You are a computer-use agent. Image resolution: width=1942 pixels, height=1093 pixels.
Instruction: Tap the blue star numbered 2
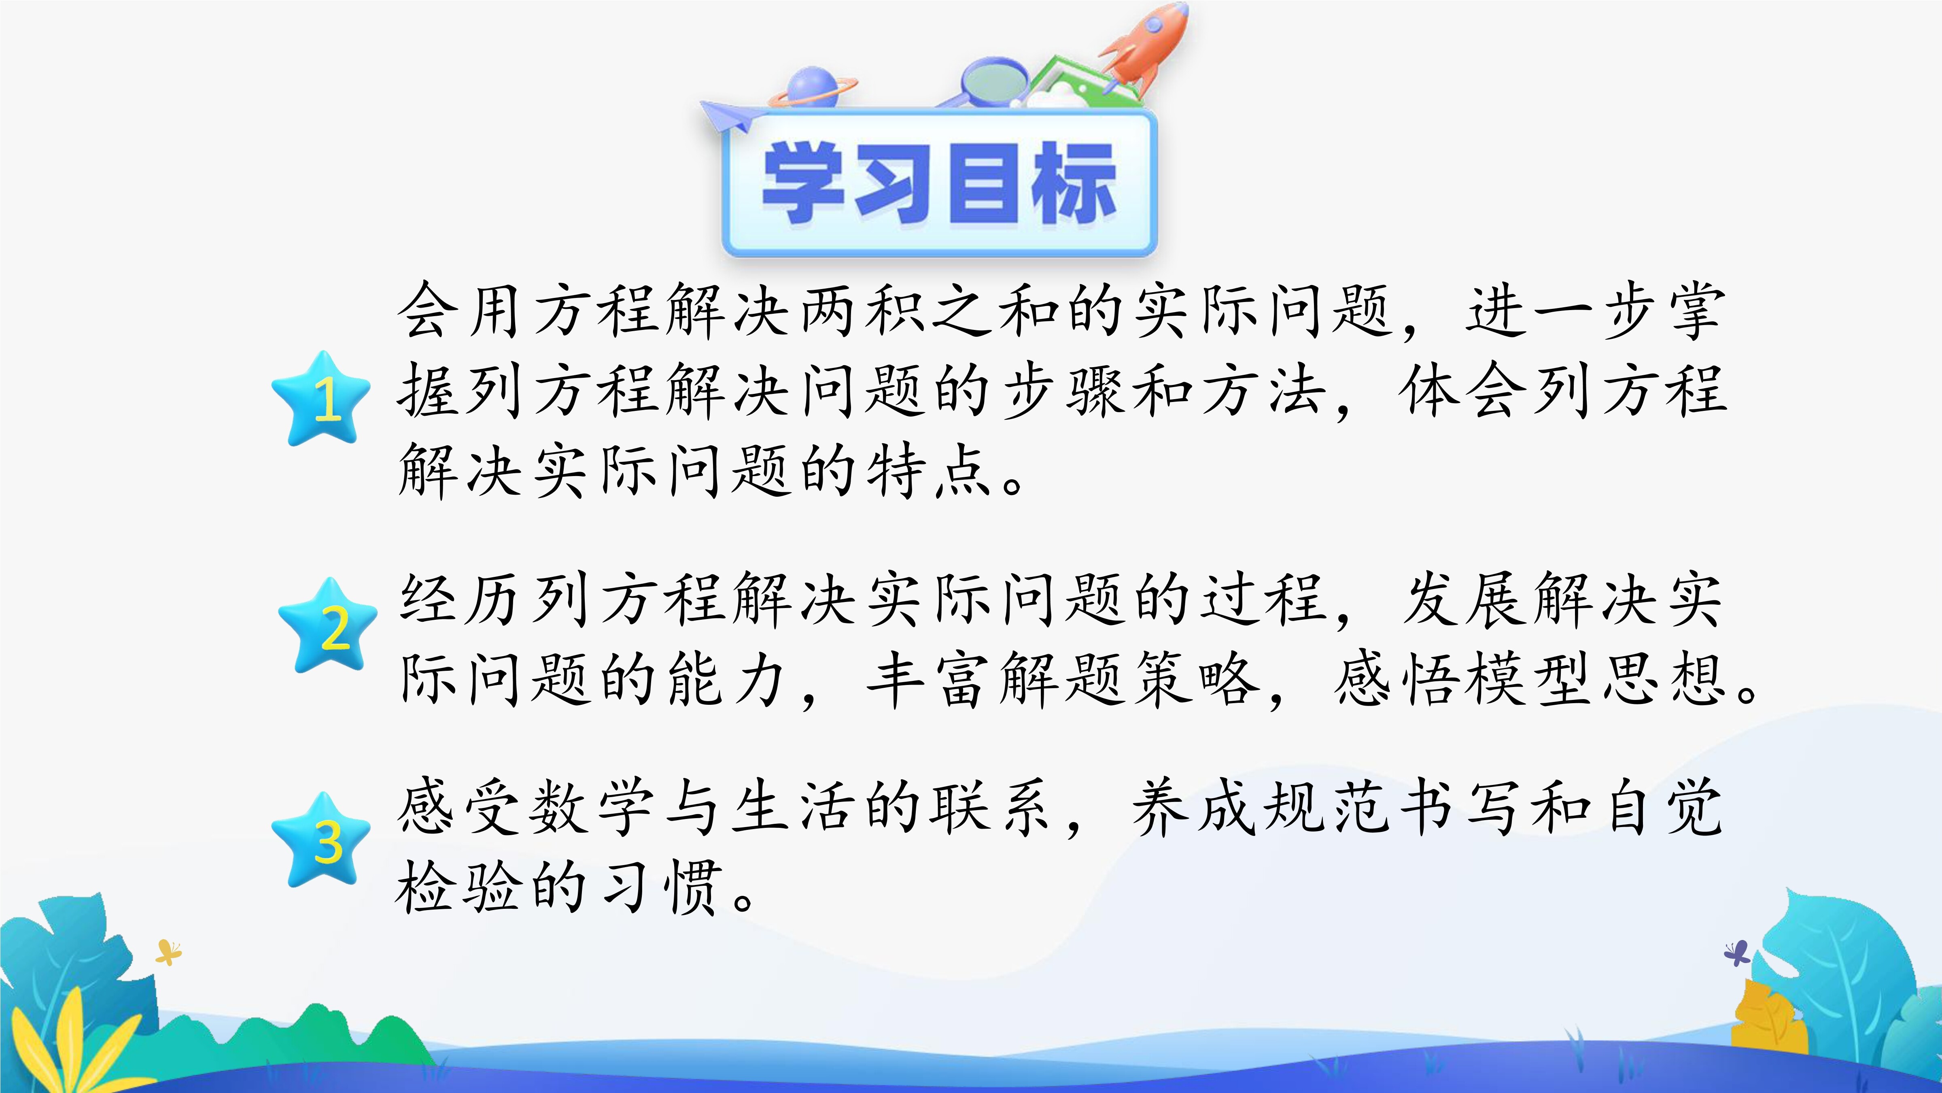[328, 626]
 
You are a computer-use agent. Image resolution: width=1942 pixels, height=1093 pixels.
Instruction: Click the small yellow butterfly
[168, 952]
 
